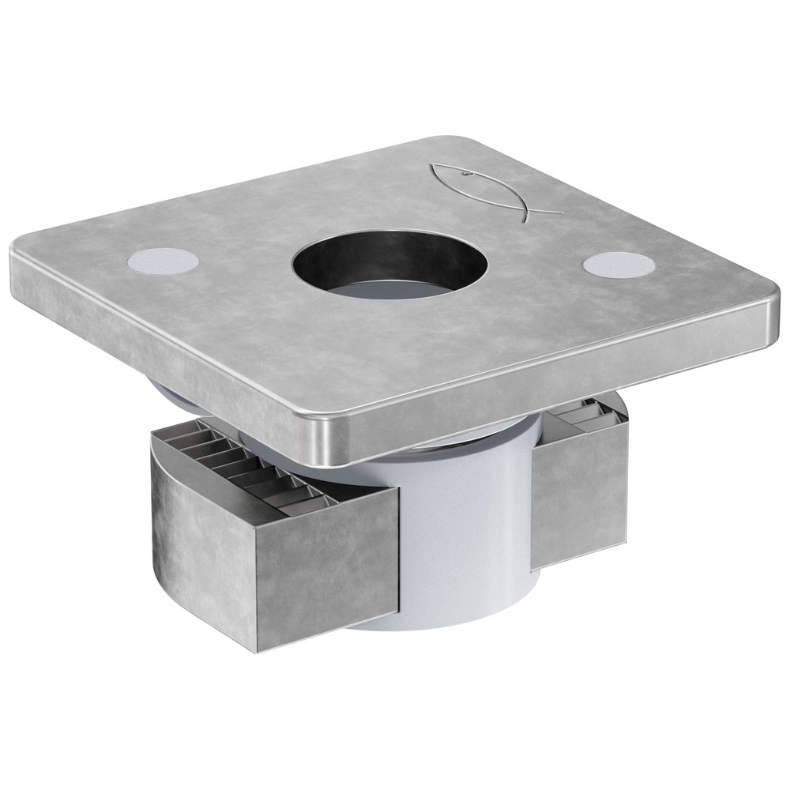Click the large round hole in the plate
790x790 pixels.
[389, 265]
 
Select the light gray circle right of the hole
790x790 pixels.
[619, 265]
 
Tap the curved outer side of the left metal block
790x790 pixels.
[197, 537]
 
